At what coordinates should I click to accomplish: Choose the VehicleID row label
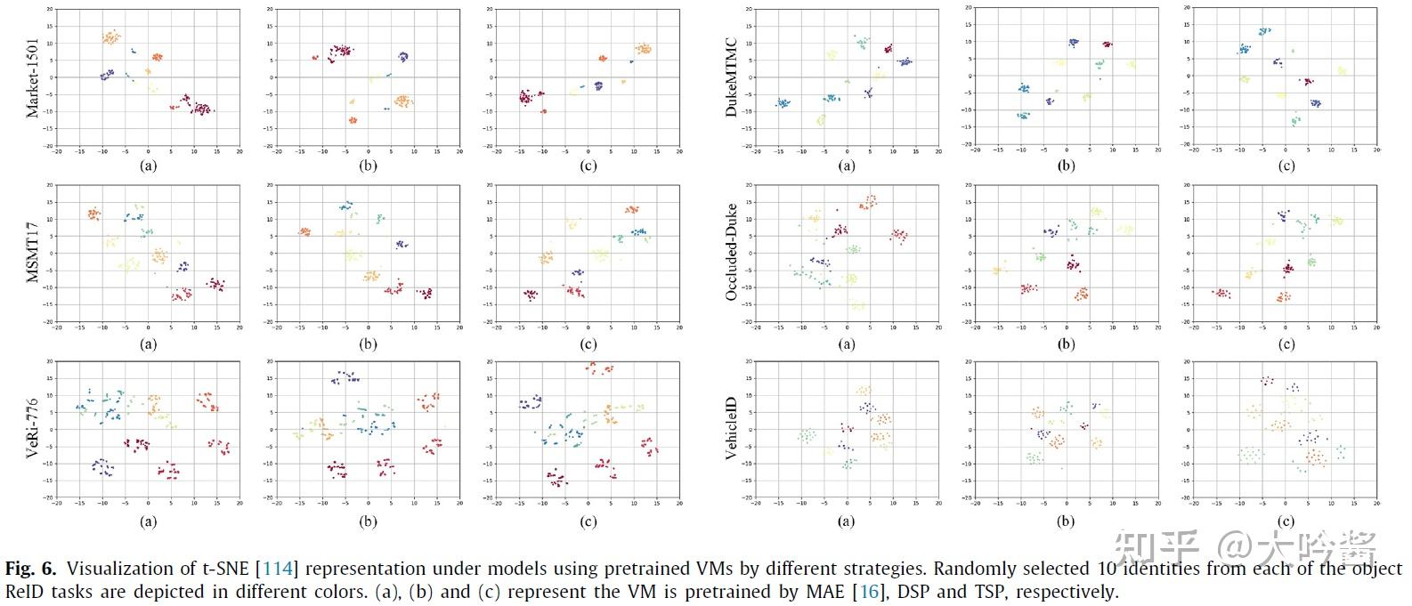pos(732,430)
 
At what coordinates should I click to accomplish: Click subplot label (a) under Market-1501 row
pos(149,165)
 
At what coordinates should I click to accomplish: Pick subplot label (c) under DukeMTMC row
pos(1286,165)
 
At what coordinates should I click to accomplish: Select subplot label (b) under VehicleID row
pos(1066,521)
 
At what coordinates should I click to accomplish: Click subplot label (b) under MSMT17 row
pos(368,344)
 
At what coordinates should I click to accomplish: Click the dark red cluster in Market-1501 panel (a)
pos(201,109)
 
